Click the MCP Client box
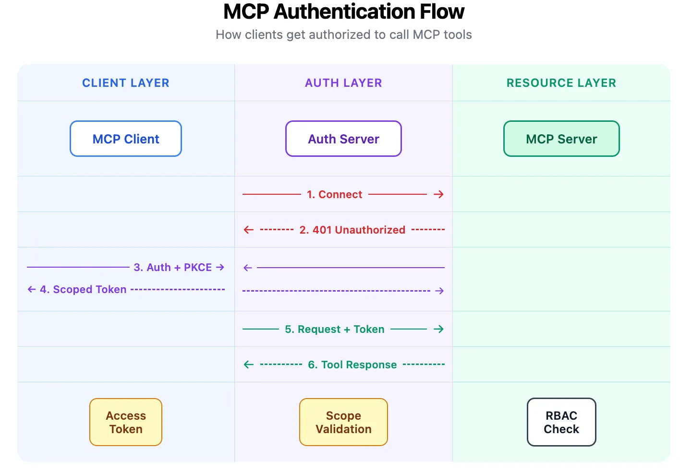(126, 139)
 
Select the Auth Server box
(343, 139)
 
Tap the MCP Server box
(561, 139)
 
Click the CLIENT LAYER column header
(126, 83)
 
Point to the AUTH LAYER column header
(343, 83)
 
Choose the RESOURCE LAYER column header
(561, 83)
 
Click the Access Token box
(126, 422)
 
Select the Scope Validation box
(343, 422)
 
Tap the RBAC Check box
(561, 422)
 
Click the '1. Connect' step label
(335, 194)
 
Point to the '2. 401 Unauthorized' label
(352, 230)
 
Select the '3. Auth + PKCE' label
(172, 267)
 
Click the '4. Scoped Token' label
(83, 289)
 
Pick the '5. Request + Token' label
(335, 329)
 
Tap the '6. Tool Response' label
(352, 365)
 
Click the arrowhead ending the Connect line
(438, 194)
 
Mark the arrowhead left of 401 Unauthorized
(249, 230)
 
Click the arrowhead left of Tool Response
(249, 365)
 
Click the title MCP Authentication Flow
(344, 12)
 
